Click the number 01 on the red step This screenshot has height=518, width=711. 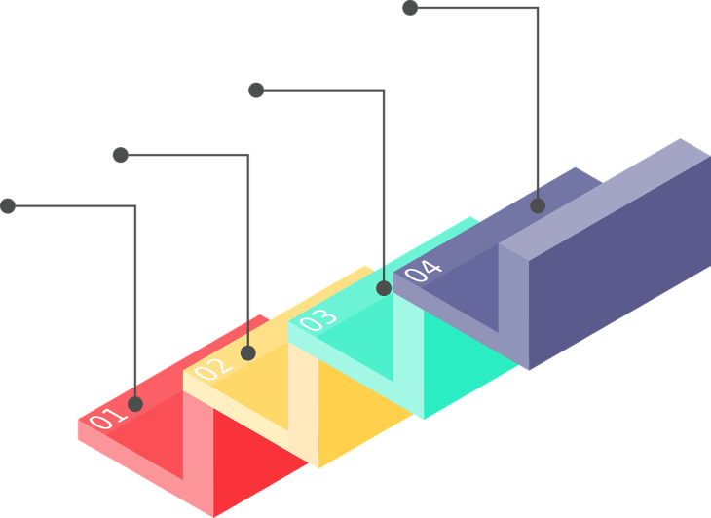tap(108, 419)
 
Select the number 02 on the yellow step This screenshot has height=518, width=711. tap(213, 368)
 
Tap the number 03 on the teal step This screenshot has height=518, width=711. tap(318, 319)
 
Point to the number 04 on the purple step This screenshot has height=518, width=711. tap(423, 270)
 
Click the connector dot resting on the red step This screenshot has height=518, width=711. tap(135, 403)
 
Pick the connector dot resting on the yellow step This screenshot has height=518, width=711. tap(248, 352)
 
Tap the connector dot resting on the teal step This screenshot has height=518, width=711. tap(384, 288)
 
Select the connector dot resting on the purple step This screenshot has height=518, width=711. tap(538, 205)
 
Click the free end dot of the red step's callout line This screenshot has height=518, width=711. tap(8, 205)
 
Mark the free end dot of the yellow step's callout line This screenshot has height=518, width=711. tap(121, 154)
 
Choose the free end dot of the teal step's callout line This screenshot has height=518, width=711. tap(256, 90)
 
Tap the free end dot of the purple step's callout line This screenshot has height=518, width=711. tap(410, 8)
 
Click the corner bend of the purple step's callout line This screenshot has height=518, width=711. tap(538, 9)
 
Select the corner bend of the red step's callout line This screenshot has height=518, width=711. tap(134, 206)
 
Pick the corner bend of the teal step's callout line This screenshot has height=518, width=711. tap(384, 91)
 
